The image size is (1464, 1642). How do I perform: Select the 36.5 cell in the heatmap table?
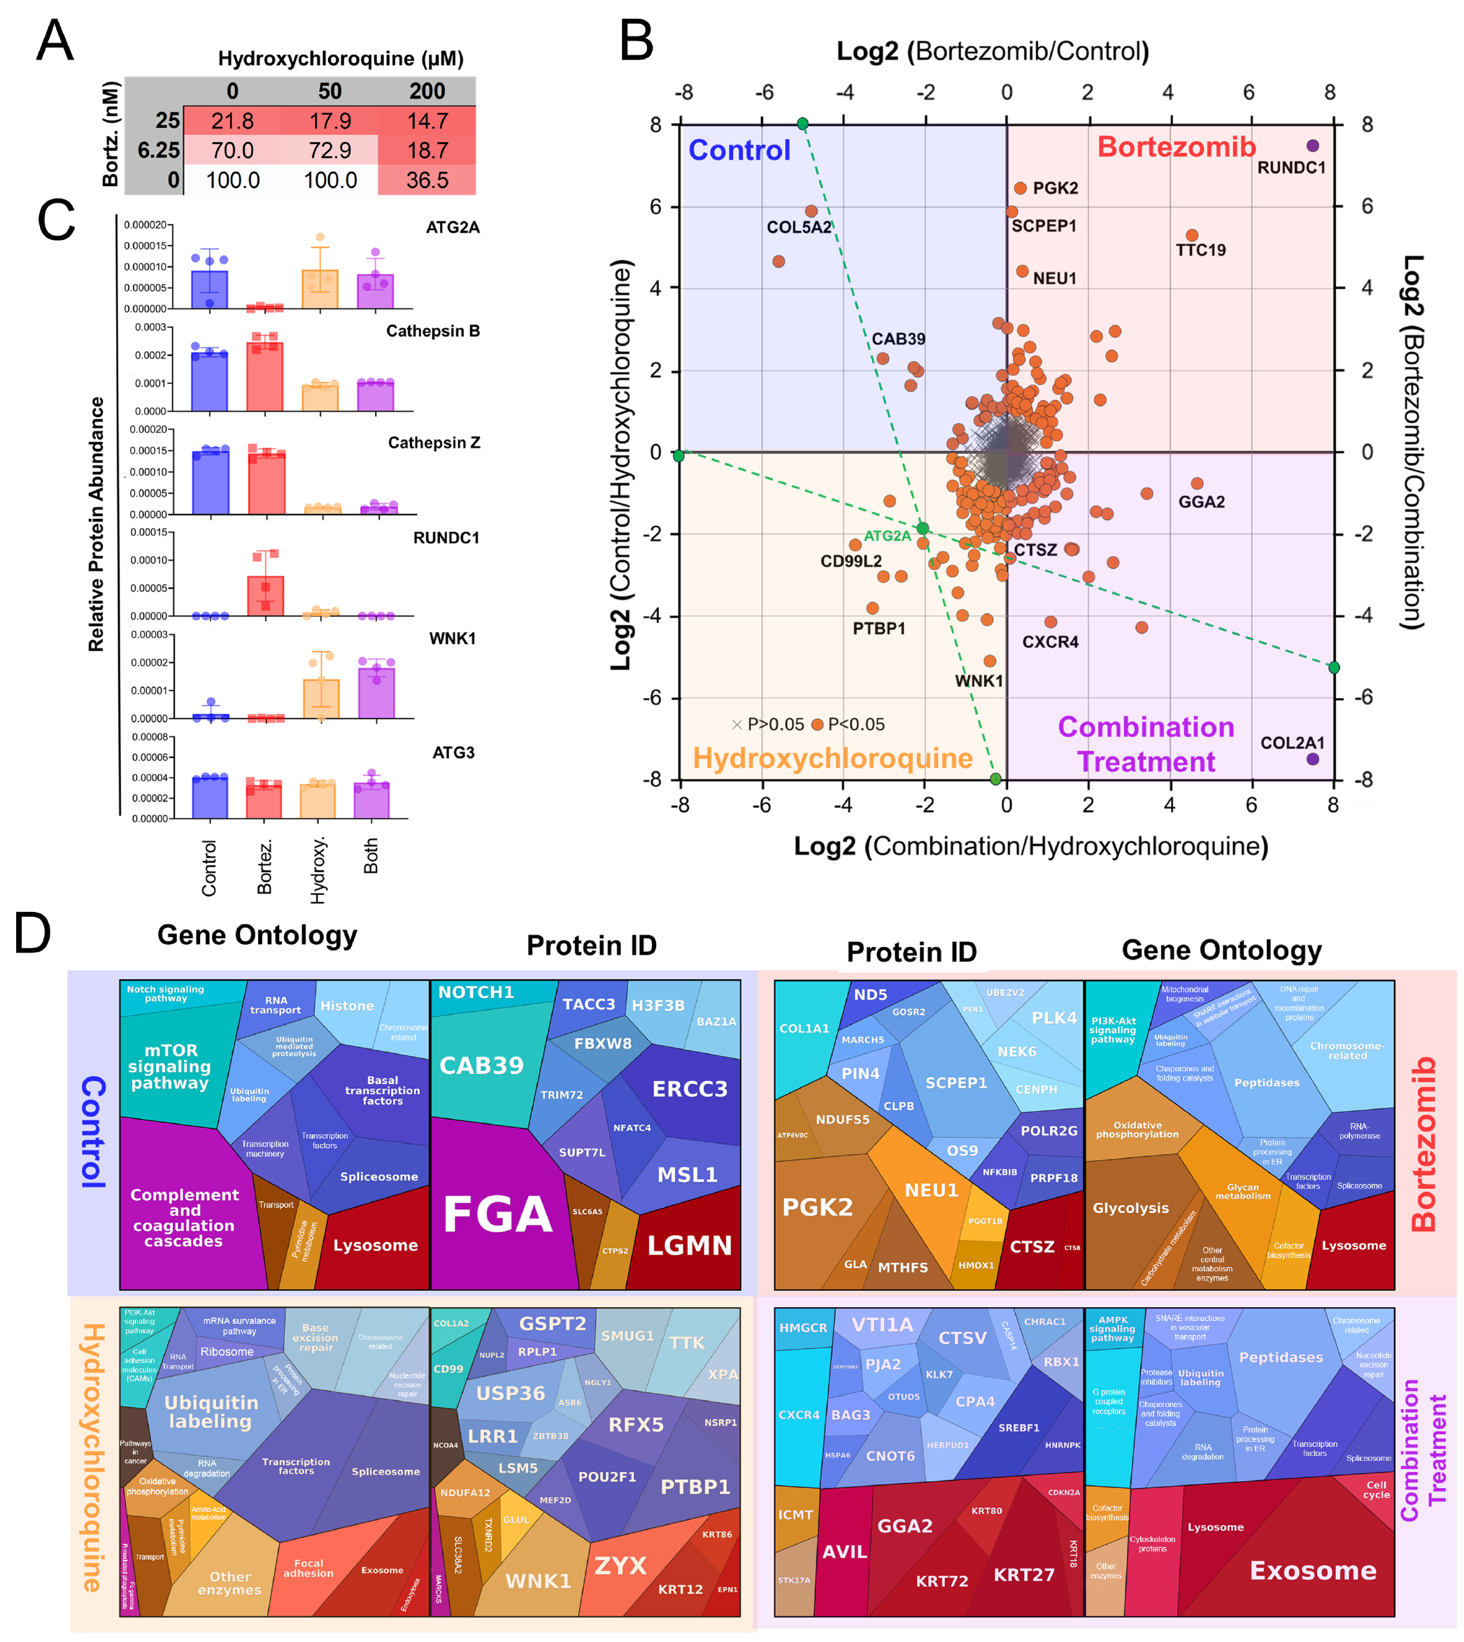click(x=427, y=180)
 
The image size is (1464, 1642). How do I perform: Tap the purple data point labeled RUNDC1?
click(x=1313, y=145)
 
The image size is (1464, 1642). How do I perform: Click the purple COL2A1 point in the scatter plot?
click(x=1313, y=759)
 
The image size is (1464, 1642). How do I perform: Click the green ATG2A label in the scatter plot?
click(x=886, y=536)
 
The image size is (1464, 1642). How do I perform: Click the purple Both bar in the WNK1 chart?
click(x=376, y=692)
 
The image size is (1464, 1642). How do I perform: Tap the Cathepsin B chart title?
click(x=433, y=331)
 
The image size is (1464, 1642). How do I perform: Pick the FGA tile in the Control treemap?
click(x=497, y=1214)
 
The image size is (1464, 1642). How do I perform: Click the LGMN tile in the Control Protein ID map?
click(x=690, y=1245)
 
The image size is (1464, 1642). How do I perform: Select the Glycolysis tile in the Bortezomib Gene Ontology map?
click(x=1130, y=1208)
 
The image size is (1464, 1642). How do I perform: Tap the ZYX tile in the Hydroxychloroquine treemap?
click(x=620, y=1565)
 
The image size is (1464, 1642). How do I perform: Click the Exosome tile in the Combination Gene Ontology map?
click(x=1312, y=1571)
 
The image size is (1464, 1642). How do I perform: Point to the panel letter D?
click(x=32, y=934)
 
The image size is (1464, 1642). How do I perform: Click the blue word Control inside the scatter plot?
click(x=739, y=150)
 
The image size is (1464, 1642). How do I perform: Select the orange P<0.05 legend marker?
click(x=817, y=724)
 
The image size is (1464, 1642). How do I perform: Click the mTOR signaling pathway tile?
click(x=170, y=1066)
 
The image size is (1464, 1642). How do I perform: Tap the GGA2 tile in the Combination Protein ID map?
click(x=904, y=1525)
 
